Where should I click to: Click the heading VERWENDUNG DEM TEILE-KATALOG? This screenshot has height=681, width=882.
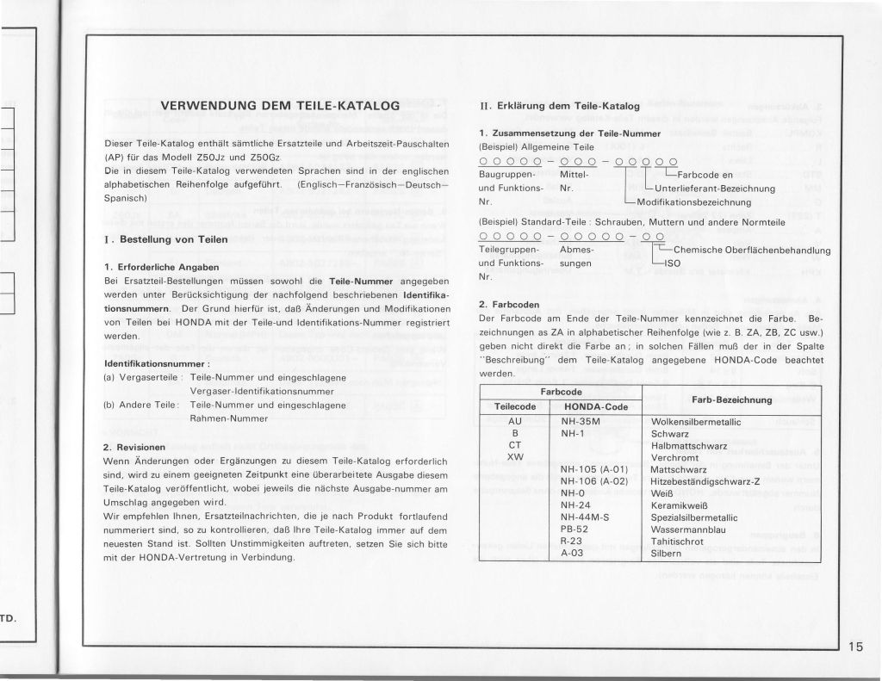point(281,106)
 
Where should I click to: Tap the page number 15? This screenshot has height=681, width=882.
point(856,648)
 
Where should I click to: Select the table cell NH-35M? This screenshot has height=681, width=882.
point(580,421)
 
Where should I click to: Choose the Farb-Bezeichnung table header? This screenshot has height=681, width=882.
point(731,399)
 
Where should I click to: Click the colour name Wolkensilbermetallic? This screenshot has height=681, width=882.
point(697,422)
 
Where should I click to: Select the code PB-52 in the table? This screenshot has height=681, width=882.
point(574,529)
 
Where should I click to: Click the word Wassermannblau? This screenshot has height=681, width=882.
point(687,529)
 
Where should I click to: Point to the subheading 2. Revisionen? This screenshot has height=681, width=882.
point(134,448)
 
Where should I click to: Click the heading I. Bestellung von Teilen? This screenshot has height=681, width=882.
point(164,238)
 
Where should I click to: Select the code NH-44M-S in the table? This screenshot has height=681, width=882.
point(583,517)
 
